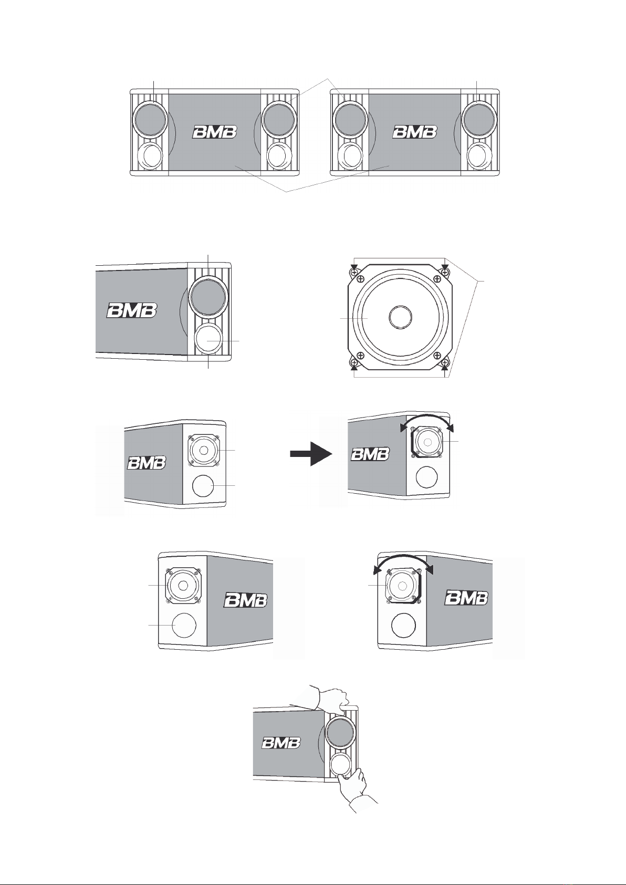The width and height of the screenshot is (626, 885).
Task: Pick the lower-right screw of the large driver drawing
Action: [445, 363]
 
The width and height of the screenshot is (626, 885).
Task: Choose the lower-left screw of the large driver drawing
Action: [354, 363]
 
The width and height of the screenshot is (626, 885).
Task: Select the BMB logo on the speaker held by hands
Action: [281, 743]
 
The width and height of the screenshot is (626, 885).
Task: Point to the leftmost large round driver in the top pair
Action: [150, 119]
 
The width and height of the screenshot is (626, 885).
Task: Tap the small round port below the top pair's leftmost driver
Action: [150, 155]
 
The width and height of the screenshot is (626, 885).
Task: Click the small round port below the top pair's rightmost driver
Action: [479, 155]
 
